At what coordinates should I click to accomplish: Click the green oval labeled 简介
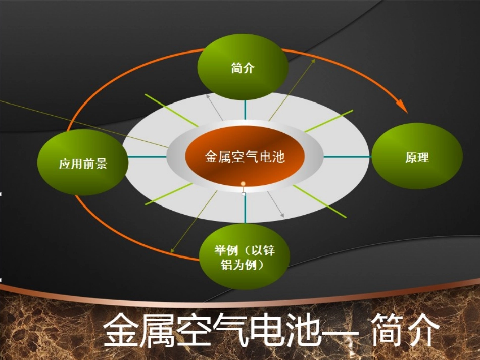click(243, 68)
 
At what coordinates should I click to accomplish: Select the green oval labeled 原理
click(417, 157)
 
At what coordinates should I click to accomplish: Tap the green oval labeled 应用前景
click(82, 163)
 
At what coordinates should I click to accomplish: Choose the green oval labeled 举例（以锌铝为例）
click(245, 256)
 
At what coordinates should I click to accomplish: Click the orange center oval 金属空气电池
click(245, 157)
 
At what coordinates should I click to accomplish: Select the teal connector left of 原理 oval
click(348, 157)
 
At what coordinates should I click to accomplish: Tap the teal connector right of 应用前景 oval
click(147, 157)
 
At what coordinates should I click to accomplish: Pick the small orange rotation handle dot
click(243, 183)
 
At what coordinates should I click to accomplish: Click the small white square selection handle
click(244, 194)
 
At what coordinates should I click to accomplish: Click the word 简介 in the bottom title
click(405, 331)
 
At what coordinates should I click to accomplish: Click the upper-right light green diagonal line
click(329, 121)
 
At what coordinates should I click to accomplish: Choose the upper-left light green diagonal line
click(171, 110)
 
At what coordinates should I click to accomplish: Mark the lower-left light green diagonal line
click(169, 194)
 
